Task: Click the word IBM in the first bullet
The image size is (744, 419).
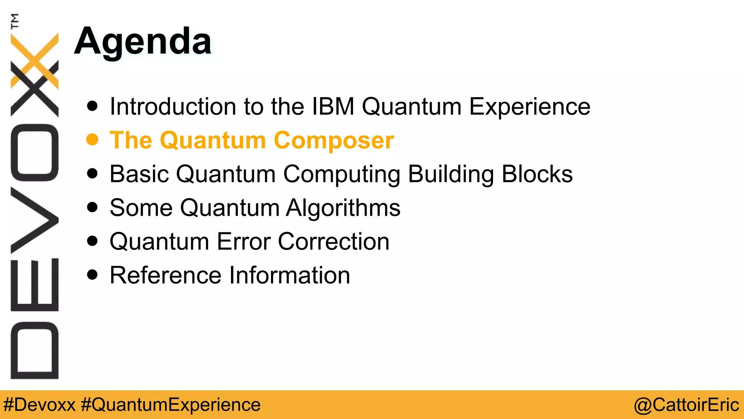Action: [x=333, y=107]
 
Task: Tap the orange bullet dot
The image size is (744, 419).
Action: [x=92, y=140]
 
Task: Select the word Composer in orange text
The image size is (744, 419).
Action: [x=333, y=141]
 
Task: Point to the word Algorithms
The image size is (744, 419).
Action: [x=343, y=208]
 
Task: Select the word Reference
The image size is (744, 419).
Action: [x=165, y=275]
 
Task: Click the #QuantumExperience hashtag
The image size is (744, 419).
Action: [x=171, y=405]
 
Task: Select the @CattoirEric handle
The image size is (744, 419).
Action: [x=686, y=405]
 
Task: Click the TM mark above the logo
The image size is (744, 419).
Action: [x=15, y=21]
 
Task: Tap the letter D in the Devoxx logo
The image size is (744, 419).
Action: [x=35, y=350]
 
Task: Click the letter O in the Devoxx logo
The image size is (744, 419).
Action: [x=35, y=153]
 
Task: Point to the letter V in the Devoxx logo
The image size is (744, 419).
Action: [x=35, y=220]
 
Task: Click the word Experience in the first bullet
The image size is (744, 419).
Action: [x=529, y=107]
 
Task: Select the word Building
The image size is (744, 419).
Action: [x=450, y=174]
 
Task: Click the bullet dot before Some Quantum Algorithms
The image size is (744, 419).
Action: [x=92, y=207]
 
